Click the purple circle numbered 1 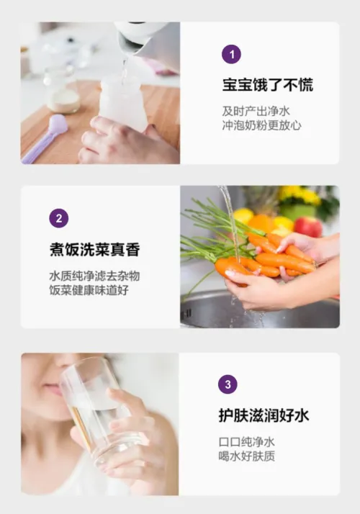coord(231,54)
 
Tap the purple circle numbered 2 coord(59,218)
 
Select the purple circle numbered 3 coord(228,384)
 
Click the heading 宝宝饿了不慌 coord(268,85)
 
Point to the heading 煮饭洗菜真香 coord(95,250)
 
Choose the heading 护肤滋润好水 coord(264,415)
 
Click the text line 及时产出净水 coord(256,111)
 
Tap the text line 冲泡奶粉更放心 coord(261,125)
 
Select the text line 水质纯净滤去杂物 coord(95,276)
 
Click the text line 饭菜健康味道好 coord(89,290)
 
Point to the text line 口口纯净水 coord(246,442)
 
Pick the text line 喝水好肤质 coord(246,456)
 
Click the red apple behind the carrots coord(308,226)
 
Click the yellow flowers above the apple coord(300,196)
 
